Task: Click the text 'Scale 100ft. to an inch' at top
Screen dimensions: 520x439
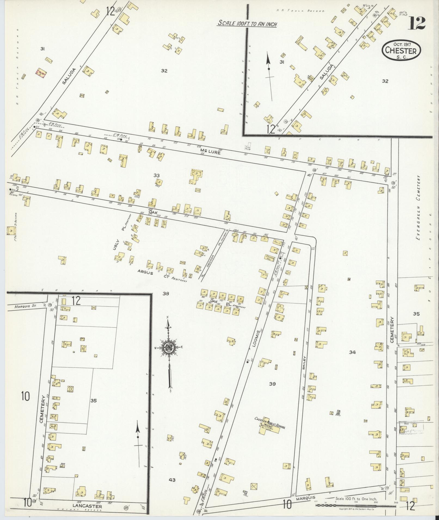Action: [x=247, y=23]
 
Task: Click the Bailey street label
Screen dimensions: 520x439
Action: [x=304, y=363]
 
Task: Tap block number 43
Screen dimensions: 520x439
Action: [x=172, y=480]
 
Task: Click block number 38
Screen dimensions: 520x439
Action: [x=166, y=294]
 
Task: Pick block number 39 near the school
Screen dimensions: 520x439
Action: [x=272, y=384]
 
